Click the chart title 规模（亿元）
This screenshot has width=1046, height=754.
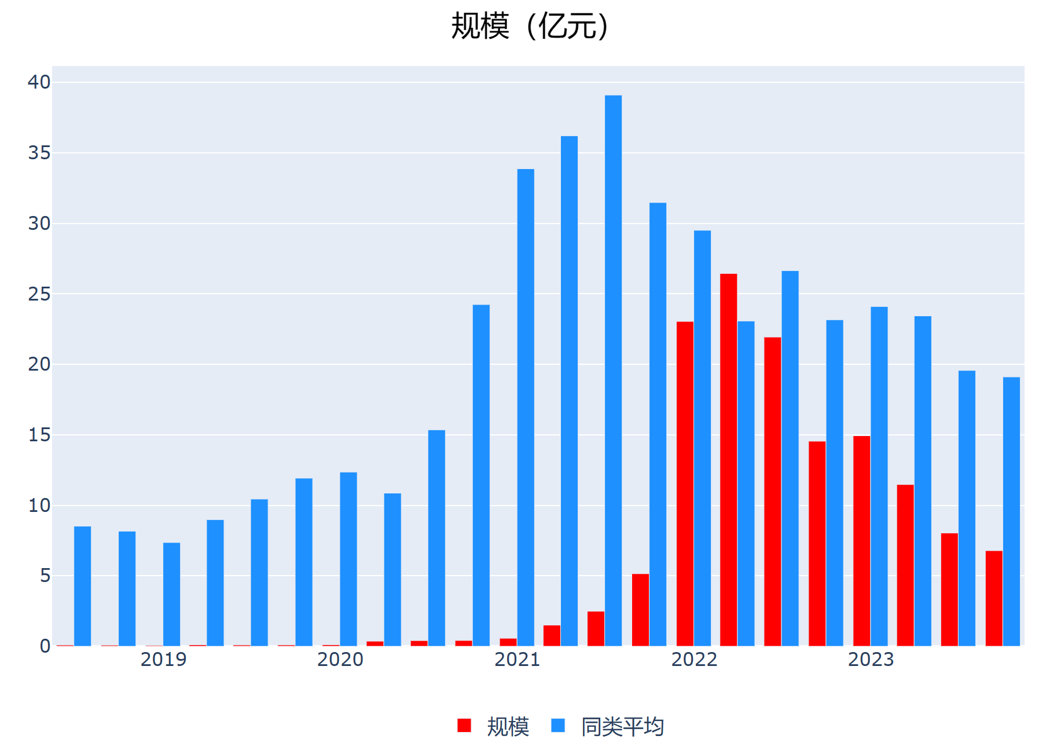click(529, 27)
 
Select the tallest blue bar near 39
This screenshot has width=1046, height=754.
click(613, 371)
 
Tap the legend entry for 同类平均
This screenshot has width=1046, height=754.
click(622, 727)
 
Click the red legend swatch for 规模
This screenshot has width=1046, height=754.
click(464, 726)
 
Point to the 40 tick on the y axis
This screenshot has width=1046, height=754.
click(39, 82)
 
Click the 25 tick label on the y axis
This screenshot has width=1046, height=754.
click(39, 294)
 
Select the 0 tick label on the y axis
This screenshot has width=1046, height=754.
click(45, 646)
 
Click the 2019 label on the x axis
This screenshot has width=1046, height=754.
click(163, 660)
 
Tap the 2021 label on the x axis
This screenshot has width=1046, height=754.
click(517, 660)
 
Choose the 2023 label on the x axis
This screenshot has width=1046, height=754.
click(871, 660)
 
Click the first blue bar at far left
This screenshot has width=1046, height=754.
click(83, 585)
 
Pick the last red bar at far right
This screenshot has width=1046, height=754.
click(994, 598)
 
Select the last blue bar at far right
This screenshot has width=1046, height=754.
click(1011, 511)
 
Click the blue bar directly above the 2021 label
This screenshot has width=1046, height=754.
click(526, 407)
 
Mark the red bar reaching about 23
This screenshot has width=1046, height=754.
click(685, 484)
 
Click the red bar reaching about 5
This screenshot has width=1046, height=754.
click(640, 609)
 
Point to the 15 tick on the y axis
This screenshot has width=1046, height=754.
click(39, 435)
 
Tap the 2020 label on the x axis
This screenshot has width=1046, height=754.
click(340, 660)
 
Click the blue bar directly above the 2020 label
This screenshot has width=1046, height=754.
click(348, 559)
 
